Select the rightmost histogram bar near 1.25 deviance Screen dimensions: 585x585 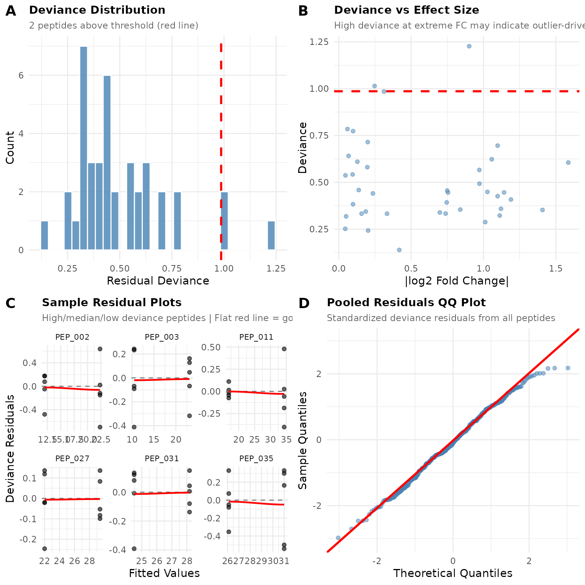pyautogui.click(x=271, y=235)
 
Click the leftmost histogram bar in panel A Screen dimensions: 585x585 pyautogui.click(x=45, y=235)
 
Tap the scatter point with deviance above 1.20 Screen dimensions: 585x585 pyautogui.click(x=469, y=46)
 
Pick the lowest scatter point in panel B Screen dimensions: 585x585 pyautogui.click(x=399, y=250)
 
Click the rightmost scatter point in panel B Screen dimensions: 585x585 pyautogui.click(x=568, y=163)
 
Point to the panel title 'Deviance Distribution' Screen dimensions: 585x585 pyautogui.click(x=97, y=10)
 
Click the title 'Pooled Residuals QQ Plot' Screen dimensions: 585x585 pyautogui.click(x=406, y=303)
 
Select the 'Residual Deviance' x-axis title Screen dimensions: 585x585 pyautogui.click(x=158, y=281)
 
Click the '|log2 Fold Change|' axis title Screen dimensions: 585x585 pyautogui.click(x=457, y=281)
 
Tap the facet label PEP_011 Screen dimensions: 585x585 pyautogui.click(x=256, y=337)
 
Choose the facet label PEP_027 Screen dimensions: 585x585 pyautogui.click(x=72, y=459)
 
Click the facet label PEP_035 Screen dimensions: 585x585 pyautogui.click(x=256, y=459)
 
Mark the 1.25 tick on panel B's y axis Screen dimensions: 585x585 pyautogui.click(x=319, y=42)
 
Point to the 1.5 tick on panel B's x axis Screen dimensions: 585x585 pyautogui.click(x=556, y=269)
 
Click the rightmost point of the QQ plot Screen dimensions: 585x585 pyautogui.click(x=568, y=368)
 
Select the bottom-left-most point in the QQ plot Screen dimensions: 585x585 pyautogui.click(x=338, y=538)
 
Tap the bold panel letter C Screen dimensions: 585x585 pyautogui.click(x=11, y=304)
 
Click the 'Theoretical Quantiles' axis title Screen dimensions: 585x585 pyautogui.click(x=453, y=574)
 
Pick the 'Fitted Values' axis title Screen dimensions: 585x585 pyautogui.click(x=164, y=574)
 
